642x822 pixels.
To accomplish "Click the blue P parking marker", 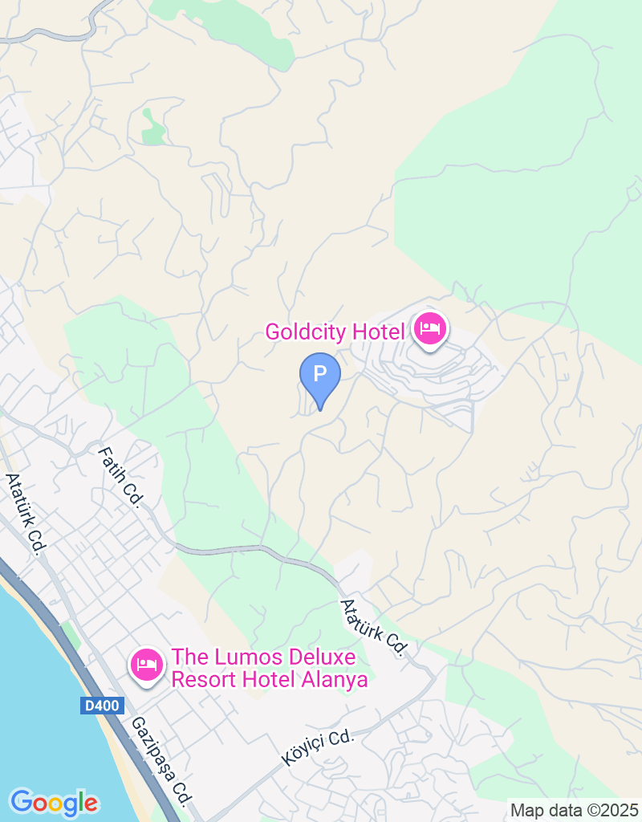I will click(x=320, y=375).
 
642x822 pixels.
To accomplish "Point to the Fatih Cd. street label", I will click(x=120, y=477).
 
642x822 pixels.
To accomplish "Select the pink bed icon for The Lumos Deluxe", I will click(x=147, y=665).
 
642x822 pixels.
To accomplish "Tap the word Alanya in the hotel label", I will click(x=337, y=680).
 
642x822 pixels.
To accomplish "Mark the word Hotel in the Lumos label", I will click(x=269, y=680).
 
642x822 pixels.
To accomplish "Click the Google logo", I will click(x=54, y=802).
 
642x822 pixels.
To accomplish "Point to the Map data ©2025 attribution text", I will click(x=574, y=810).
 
